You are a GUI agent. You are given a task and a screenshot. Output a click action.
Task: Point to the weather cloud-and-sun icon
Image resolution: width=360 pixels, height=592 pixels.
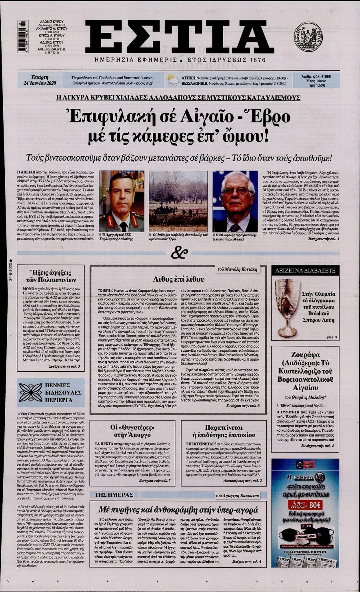tap(173, 80)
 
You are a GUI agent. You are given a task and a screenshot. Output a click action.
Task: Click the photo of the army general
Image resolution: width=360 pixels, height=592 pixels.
tap(121, 201)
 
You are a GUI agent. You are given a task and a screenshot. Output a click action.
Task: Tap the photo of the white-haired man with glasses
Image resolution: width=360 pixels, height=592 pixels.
tap(234, 201)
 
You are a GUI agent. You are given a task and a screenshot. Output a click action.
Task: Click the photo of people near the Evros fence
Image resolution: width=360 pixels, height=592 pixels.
tap(178, 201)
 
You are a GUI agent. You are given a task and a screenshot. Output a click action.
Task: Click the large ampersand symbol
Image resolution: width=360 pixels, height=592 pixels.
tap(180, 253)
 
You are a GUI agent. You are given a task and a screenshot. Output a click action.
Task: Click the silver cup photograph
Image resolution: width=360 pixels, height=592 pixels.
tap(288, 307)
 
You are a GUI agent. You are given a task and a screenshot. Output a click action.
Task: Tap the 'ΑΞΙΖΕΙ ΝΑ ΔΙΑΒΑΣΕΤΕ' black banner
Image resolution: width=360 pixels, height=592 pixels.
tap(305, 271)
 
